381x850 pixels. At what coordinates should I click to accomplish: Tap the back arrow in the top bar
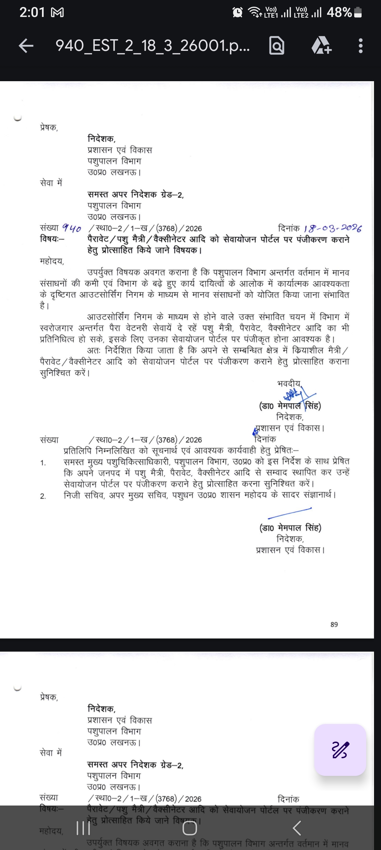[x=26, y=46]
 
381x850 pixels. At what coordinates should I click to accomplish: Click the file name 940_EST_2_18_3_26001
[x=152, y=46]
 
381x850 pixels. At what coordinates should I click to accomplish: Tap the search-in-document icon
[x=277, y=46]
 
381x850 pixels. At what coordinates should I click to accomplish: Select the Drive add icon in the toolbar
[x=321, y=46]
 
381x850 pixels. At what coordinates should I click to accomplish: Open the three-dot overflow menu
[x=360, y=46]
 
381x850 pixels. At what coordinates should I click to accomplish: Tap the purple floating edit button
[x=340, y=750]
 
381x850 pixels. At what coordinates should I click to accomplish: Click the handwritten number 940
[x=72, y=229]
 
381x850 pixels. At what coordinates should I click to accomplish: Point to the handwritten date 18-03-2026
[x=333, y=228]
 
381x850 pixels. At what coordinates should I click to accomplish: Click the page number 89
[x=334, y=624]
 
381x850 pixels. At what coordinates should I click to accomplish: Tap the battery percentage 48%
[x=339, y=13]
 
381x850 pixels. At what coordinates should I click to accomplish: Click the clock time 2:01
[x=32, y=13]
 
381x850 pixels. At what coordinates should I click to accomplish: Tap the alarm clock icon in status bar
[x=237, y=13]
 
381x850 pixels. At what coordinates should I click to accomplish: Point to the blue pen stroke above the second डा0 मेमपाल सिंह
[x=290, y=514]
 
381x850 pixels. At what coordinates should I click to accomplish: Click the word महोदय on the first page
[x=52, y=262]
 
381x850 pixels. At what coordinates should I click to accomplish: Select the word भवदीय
[x=289, y=383]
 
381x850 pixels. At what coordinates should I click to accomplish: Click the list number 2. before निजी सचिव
[x=43, y=496]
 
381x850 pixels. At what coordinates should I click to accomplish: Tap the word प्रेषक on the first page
[x=49, y=127]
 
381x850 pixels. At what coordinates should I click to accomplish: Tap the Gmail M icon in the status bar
[x=58, y=13]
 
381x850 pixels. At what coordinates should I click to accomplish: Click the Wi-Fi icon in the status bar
[x=255, y=13]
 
